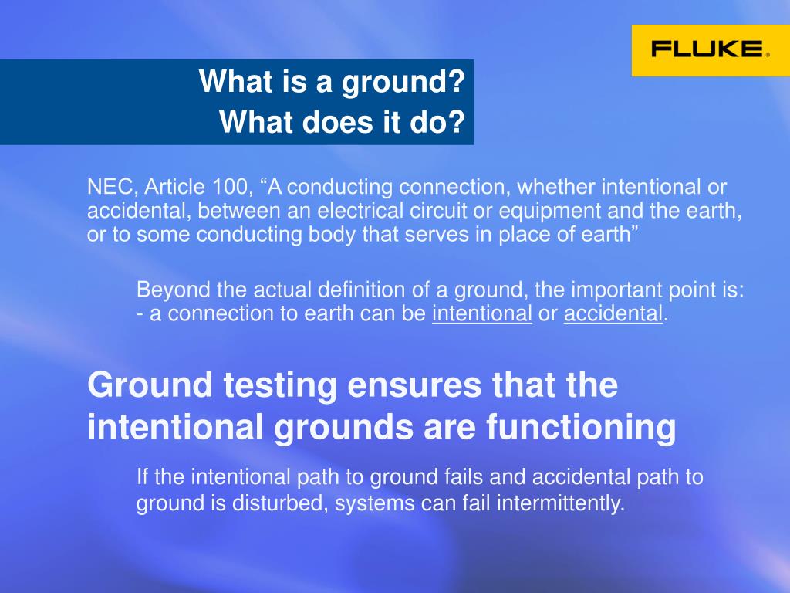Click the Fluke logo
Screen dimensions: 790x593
pyautogui.click(x=711, y=50)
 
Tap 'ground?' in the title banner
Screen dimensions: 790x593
pyautogui.click(x=403, y=82)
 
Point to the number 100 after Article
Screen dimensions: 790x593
pyautogui.click(x=230, y=187)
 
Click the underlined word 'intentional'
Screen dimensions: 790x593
pyautogui.click(x=482, y=313)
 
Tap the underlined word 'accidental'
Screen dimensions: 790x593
pyautogui.click(x=613, y=313)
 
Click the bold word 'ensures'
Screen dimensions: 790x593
pyautogui.click(x=414, y=386)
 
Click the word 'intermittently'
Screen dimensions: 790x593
pyautogui.click(x=560, y=503)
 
